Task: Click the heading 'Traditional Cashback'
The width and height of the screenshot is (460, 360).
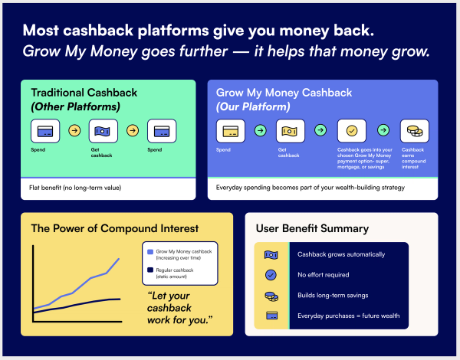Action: (x=84, y=93)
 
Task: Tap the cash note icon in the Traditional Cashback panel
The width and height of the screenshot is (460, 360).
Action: (x=103, y=131)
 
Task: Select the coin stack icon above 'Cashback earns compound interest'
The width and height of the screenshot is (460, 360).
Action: (x=415, y=131)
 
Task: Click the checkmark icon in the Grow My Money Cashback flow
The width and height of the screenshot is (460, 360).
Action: (x=352, y=131)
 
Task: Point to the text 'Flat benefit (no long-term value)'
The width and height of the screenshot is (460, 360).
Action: (x=75, y=188)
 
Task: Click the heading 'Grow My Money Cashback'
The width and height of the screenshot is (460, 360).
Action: (x=284, y=93)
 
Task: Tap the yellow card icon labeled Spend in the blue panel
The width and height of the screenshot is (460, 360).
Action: (x=231, y=131)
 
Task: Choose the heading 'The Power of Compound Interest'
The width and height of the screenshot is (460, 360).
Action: (x=115, y=228)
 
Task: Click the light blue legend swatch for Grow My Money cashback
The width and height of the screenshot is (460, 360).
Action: (x=150, y=251)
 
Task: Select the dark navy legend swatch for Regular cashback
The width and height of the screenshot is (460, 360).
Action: (x=150, y=270)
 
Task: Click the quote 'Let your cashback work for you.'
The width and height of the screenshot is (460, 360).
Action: (x=179, y=308)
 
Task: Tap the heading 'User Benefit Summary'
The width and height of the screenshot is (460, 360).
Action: (x=312, y=228)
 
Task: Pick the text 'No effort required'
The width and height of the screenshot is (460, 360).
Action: (x=324, y=275)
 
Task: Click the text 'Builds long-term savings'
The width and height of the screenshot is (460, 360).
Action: (x=333, y=295)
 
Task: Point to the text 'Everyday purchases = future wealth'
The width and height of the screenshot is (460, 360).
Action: (x=349, y=316)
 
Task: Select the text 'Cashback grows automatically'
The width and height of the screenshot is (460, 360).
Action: (x=341, y=254)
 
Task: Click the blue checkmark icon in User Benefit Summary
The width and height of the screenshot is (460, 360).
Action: (x=271, y=275)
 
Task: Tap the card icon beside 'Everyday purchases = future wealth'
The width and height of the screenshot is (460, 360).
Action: (x=271, y=316)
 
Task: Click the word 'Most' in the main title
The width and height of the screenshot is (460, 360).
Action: (x=41, y=30)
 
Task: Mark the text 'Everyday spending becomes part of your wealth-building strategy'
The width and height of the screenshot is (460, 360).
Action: (x=310, y=188)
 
